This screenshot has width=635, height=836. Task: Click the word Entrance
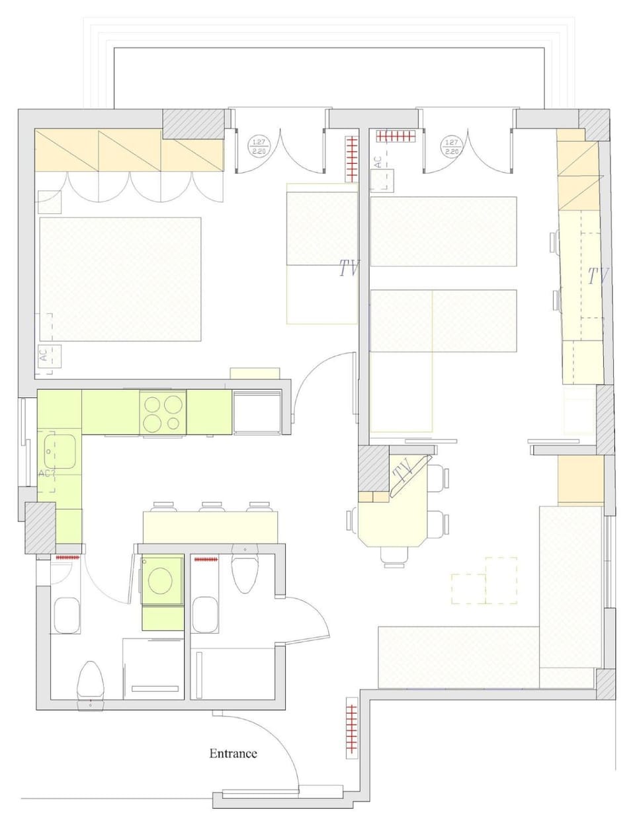point(233,753)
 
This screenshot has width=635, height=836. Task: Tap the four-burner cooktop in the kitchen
point(163,413)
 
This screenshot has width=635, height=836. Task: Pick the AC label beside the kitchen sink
point(44,474)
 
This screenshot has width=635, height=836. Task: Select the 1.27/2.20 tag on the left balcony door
point(258,146)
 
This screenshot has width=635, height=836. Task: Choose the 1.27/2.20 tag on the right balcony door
point(451,146)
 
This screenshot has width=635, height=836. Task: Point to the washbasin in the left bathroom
point(66,615)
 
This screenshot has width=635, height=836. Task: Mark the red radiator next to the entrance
point(351,730)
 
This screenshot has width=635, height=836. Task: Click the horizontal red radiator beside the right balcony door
point(397,136)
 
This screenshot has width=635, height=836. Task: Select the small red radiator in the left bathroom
point(67,558)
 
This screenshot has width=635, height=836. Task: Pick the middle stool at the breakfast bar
point(211,507)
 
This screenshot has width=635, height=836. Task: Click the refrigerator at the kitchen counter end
point(257,412)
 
